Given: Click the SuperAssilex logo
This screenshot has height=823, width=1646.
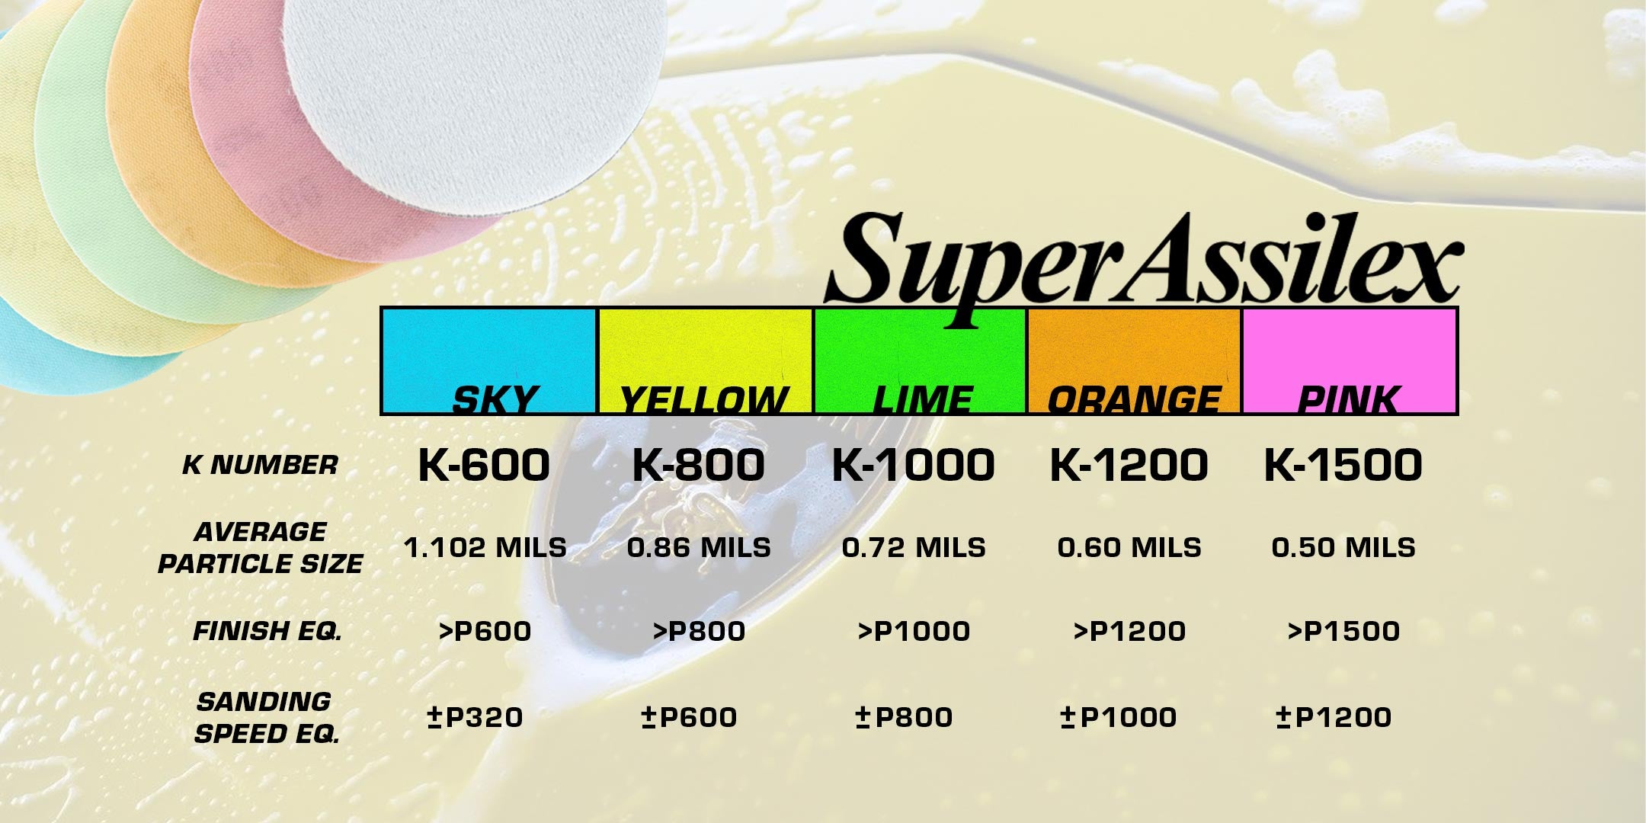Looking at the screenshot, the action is click(x=1143, y=267).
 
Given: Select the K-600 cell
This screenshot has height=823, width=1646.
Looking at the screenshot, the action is click(x=484, y=465).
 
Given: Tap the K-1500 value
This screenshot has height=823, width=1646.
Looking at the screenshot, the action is click(x=1343, y=465).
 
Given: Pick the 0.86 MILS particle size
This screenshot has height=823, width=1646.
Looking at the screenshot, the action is click(x=699, y=547).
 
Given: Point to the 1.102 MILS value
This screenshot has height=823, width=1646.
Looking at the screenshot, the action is click(x=485, y=547).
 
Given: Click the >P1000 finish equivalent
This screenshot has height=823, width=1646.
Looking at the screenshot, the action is click(x=914, y=631).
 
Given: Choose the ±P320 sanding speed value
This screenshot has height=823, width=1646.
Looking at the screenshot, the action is click(x=475, y=717).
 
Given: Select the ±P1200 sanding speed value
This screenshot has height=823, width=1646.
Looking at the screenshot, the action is click(x=1334, y=717).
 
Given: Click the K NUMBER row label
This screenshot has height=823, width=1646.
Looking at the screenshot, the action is click(x=260, y=465).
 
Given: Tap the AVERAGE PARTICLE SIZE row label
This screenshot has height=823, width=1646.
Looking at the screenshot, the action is click(x=260, y=547).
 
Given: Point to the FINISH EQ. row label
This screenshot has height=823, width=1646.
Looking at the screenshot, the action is click(x=267, y=631).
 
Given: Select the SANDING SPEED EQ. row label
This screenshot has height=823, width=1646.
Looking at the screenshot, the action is click(x=266, y=717).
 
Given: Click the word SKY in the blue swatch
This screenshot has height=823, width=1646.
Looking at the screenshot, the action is click(x=495, y=399).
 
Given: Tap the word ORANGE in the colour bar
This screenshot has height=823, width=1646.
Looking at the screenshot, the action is click(x=1134, y=399).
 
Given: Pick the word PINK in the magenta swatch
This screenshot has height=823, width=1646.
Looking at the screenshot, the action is click(x=1348, y=399).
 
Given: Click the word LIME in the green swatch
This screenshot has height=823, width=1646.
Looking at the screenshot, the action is click(x=922, y=399).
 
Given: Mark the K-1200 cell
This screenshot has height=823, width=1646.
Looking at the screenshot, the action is click(x=1129, y=465).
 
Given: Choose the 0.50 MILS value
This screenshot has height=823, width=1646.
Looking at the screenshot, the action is click(x=1343, y=547).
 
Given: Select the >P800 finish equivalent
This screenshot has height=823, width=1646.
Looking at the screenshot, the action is click(x=699, y=631).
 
